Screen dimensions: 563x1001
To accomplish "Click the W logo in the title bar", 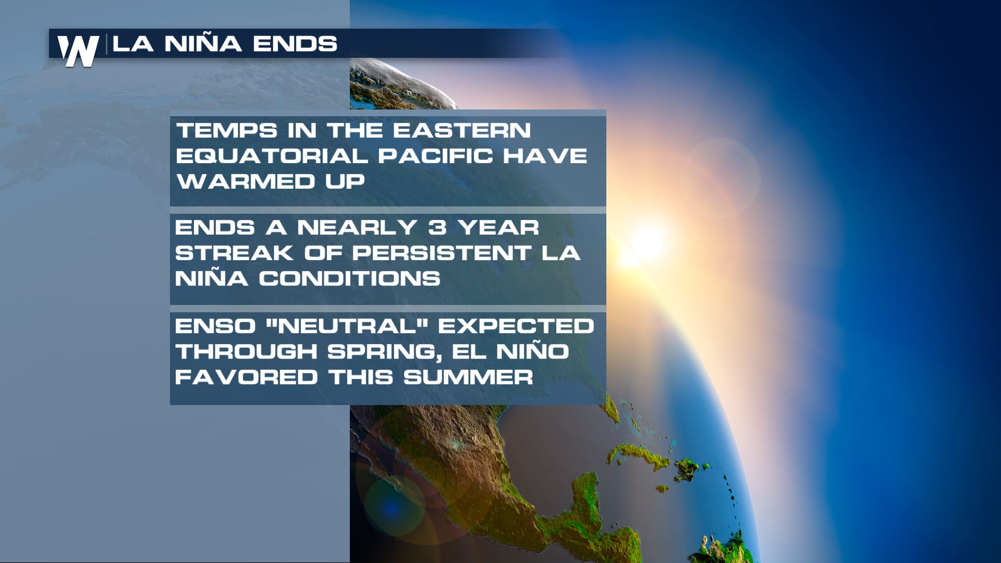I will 78,51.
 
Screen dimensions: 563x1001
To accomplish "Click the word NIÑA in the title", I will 203,43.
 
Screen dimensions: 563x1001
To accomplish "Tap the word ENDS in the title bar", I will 295,44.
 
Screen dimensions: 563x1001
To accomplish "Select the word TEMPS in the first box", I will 226,130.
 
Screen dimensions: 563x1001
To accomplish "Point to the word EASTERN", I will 461,130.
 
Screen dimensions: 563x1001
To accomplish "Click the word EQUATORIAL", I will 272,156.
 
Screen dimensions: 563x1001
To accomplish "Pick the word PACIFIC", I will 435,156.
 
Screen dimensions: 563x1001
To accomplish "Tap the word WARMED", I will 246,181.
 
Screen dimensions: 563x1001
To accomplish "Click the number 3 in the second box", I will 437,228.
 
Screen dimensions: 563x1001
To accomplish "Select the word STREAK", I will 234,253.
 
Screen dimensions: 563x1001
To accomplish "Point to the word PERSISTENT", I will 442,253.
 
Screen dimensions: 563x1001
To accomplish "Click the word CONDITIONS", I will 349,279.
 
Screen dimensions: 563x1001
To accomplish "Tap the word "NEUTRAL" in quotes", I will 347,326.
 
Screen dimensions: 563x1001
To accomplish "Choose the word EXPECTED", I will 516,326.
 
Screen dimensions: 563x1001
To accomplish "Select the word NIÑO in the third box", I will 532,352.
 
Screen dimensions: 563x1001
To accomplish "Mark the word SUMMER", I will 468,377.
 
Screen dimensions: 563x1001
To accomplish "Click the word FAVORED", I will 246,377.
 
